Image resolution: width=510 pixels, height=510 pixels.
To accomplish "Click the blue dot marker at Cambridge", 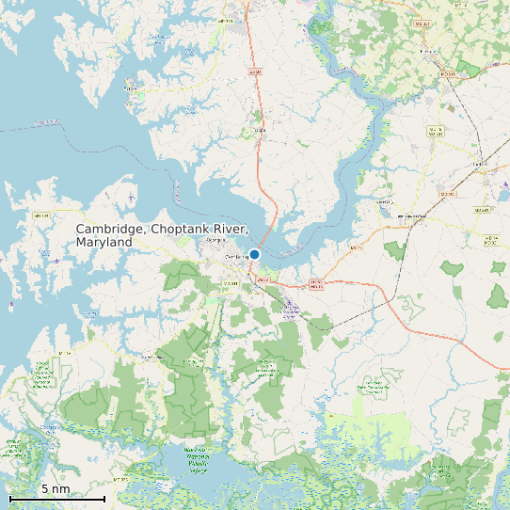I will [254, 254].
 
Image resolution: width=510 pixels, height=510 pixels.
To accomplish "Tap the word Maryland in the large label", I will [104, 243].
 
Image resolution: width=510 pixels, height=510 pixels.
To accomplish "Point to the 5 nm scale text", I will [56, 489].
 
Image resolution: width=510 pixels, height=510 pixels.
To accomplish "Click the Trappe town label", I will [260, 118].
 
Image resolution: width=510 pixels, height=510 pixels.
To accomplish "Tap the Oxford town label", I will [133, 91].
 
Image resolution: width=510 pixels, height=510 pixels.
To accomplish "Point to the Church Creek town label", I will [151, 358].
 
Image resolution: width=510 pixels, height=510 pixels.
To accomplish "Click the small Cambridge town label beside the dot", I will [236, 256].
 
